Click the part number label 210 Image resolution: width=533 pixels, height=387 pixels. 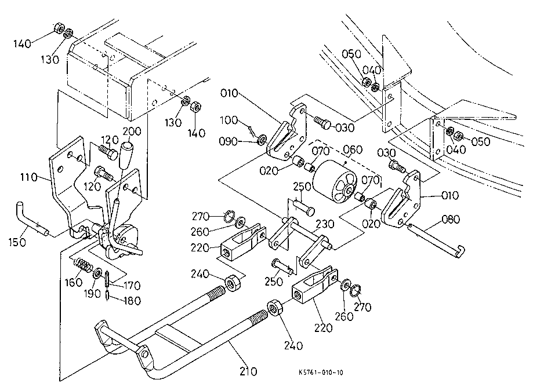pyautogui.click(x=248, y=371)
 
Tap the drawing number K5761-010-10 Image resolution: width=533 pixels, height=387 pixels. pyautogui.click(x=321, y=373)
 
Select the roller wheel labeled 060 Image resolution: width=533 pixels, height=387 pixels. pyautogui.click(x=335, y=181)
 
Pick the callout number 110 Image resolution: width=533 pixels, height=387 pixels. pyautogui.click(x=28, y=177)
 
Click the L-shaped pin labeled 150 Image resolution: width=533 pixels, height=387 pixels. pyautogui.click(x=32, y=219)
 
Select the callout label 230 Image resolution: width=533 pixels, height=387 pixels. pyautogui.click(x=325, y=224)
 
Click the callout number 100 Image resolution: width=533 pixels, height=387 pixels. pyautogui.click(x=229, y=120)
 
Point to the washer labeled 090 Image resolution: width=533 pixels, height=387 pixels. pyautogui.click(x=262, y=140)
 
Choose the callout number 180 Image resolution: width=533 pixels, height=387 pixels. pyautogui.click(x=132, y=301)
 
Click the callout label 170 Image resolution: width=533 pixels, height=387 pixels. pyautogui.click(x=131, y=286)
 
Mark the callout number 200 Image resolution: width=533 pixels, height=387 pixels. pyautogui.click(x=132, y=131)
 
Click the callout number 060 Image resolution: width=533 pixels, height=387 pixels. pyautogui.click(x=353, y=149)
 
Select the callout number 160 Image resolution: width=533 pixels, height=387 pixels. pyautogui.click(x=74, y=282)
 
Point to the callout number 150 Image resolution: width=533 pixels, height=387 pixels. pyautogui.click(x=17, y=242)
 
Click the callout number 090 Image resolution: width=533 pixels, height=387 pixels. pyautogui.click(x=228, y=141)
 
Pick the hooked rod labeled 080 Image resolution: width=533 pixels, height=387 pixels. pyautogui.click(x=437, y=240)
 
